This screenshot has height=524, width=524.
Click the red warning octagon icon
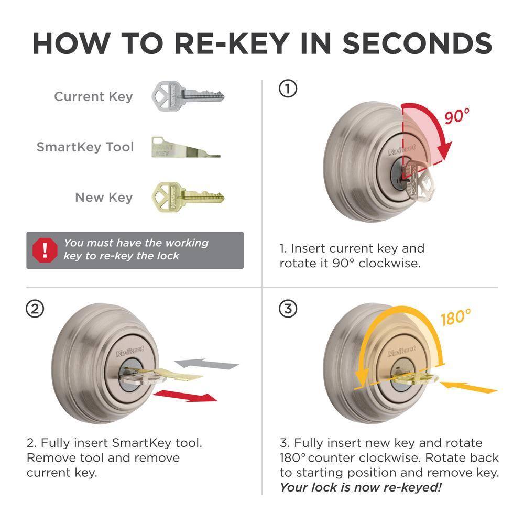(45, 250)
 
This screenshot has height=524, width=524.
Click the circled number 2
(35, 309)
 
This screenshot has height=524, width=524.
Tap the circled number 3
(287, 309)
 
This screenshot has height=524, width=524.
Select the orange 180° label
(455, 318)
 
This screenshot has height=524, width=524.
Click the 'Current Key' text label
(93, 97)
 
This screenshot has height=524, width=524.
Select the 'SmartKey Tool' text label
(85, 147)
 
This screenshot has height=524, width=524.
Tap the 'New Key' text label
(103, 198)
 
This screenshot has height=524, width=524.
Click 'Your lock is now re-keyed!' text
(361, 487)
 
